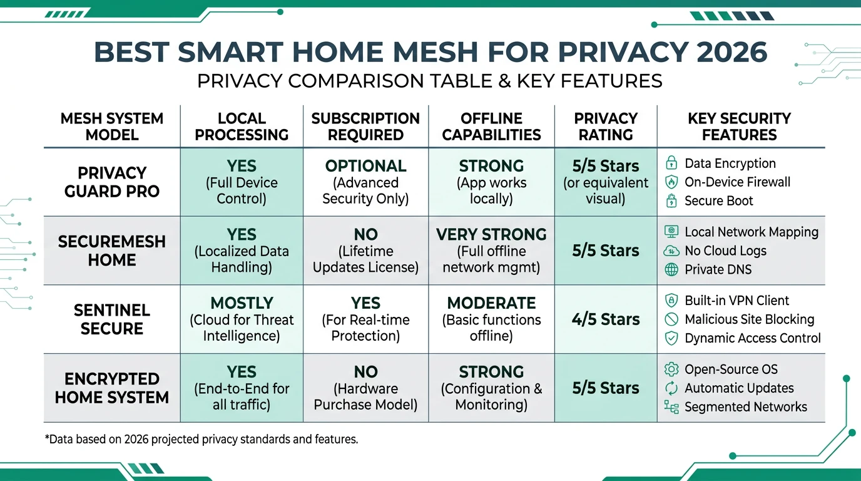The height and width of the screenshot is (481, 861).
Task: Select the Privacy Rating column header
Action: coord(606,127)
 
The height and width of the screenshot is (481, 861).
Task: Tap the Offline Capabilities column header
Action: coord(491,127)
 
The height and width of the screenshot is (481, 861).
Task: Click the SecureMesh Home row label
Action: coord(112,251)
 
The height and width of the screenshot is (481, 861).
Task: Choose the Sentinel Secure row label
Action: coord(112,319)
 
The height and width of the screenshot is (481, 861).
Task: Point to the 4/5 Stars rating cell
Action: coord(606,319)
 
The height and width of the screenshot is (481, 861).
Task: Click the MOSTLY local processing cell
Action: coord(242,319)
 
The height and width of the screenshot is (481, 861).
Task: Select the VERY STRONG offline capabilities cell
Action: coord(491,251)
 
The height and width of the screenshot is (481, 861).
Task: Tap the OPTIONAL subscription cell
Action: coord(365,182)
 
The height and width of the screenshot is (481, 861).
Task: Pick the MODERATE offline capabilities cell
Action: coord(491,319)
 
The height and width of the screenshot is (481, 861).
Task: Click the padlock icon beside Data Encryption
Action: coord(671,163)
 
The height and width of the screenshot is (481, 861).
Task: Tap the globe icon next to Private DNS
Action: coord(671,269)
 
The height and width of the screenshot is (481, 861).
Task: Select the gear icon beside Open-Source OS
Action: coord(671,370)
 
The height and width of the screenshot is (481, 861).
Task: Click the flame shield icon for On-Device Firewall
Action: coord(671,182)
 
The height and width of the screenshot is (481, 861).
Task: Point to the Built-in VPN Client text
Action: coord(736,301)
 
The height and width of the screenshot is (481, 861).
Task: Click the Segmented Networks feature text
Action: coord(745,407)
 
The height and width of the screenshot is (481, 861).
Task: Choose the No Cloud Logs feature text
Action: coord(725,251)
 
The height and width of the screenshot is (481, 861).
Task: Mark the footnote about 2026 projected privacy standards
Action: coord(201,439)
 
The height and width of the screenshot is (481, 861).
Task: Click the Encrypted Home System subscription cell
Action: coord(365,388)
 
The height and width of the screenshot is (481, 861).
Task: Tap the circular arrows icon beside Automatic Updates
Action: coord(671,388)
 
